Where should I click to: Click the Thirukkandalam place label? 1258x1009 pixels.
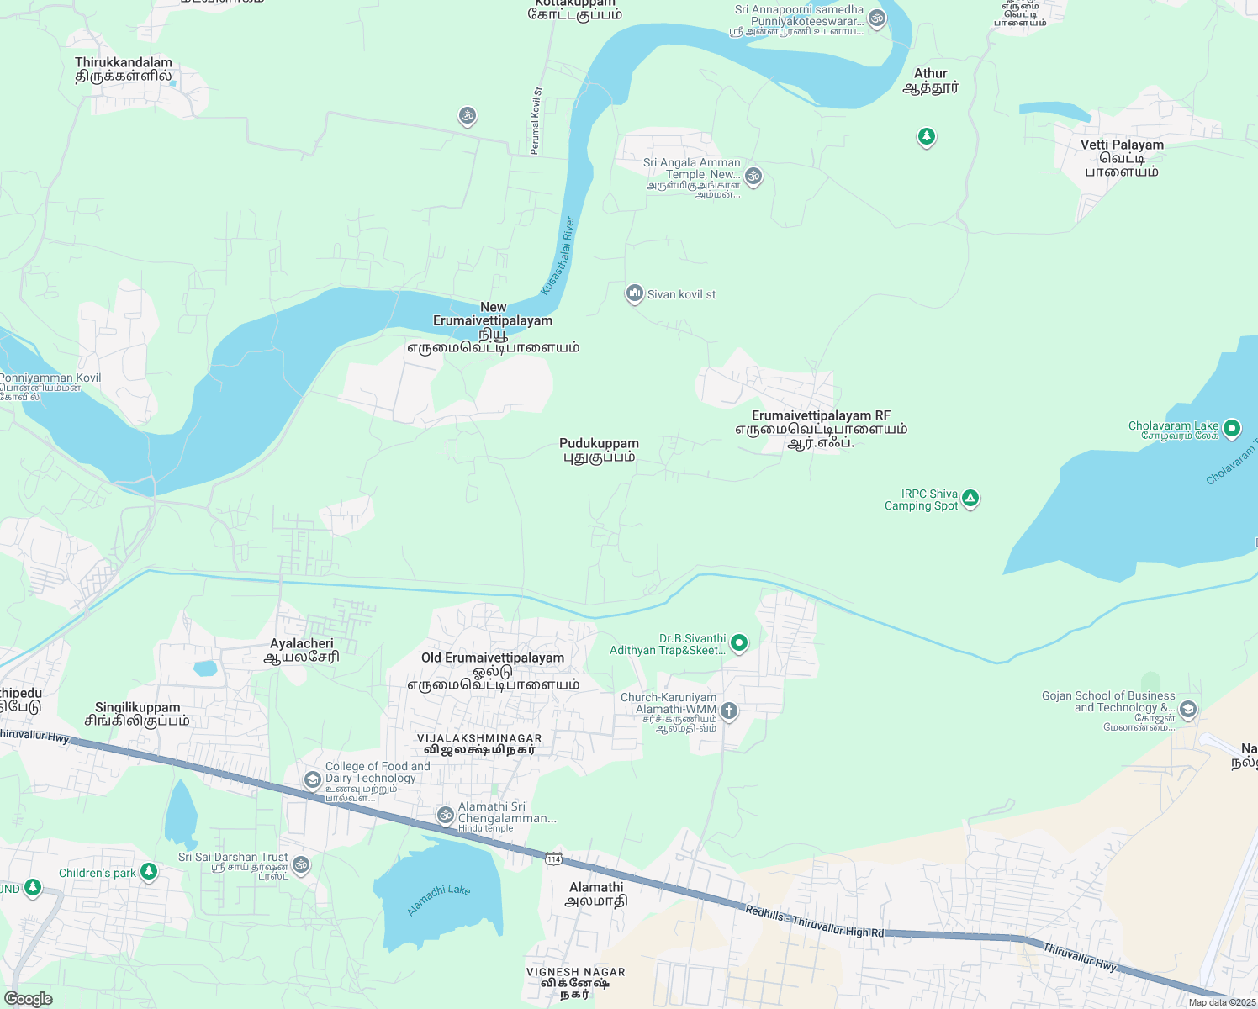point(124,69)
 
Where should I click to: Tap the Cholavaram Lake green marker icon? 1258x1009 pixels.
point(1232,428)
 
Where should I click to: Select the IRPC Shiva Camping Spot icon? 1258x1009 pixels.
point(970,499)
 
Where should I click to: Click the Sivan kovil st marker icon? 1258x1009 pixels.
point(634,293)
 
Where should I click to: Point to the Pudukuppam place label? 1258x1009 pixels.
point(599,450)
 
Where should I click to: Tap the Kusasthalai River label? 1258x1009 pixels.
point(558,256)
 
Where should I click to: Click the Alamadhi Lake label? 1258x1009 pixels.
point(438,900)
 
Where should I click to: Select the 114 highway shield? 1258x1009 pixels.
point(553,858)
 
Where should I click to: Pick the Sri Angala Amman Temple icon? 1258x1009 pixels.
point(753,176)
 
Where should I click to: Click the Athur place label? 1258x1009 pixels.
point(930,80)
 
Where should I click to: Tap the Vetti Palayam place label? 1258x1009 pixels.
point(1122,157)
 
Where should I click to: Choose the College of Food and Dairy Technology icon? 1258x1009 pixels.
point(313,779)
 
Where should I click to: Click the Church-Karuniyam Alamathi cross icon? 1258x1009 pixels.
point(729,711)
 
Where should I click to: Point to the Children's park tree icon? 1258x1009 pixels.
point(149,871)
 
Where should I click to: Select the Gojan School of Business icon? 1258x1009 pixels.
point(1187,709)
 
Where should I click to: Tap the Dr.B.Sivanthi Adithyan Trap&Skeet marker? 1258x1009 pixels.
point(739,643)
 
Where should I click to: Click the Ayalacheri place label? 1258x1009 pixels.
point(302,650)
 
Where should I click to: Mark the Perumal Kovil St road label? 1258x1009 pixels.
point(536,120)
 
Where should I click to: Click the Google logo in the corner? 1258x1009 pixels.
point(28,998)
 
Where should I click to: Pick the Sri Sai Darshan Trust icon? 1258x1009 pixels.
point(301,864)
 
